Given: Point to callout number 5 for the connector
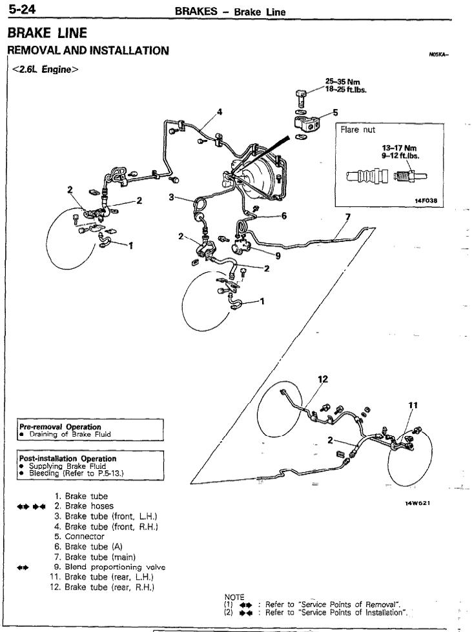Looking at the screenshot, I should pyautogui.click(x=335, y=112).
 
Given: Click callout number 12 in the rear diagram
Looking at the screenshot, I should pyautogui.click(x=323, y=379).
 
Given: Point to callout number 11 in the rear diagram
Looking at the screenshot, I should pyautogui.click(x=413, y=405).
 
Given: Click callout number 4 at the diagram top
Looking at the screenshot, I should pyautogui.click(x=220, y=112).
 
